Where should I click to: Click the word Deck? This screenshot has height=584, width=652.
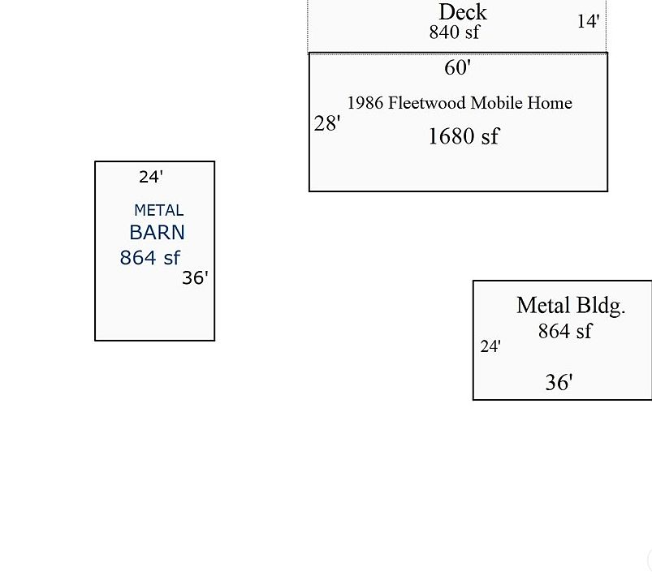[463, 12]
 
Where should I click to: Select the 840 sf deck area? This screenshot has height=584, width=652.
[454, 32]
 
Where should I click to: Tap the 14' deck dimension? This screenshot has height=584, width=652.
[589, 22]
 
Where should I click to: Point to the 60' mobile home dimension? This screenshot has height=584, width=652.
[457, 68]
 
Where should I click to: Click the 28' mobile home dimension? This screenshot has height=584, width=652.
[327, 124]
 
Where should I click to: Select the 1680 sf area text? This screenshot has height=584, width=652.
[463, 136]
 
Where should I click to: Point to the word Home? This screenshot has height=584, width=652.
[552, 103]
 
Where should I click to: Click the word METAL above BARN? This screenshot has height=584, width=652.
[158, 211]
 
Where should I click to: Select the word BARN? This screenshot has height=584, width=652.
[157, 233]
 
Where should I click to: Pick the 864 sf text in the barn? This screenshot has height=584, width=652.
[149, 258]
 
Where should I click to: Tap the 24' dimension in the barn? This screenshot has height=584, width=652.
[151, 177]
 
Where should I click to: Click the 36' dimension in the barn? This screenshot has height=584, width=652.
[195, 278]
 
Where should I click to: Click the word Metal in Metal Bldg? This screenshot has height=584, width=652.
[543, 306]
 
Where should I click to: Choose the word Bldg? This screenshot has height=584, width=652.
[601, 306]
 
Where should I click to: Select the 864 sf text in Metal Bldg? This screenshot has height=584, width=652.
[565, 331]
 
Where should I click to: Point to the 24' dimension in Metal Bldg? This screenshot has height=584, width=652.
[490, 347]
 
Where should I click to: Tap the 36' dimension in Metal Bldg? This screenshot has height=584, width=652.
[559, 383]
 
